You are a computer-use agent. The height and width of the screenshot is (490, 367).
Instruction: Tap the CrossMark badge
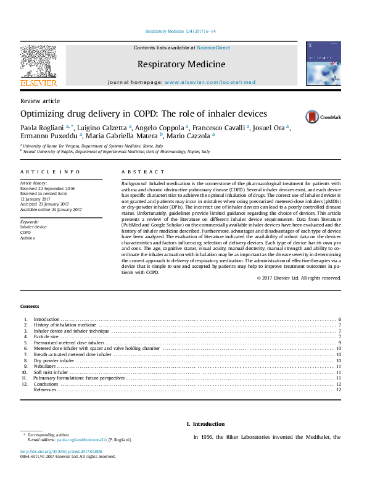point(303,116)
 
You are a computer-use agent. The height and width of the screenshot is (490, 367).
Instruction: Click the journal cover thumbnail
point(323,65)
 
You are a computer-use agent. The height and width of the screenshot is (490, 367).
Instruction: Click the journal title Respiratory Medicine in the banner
point(181,64)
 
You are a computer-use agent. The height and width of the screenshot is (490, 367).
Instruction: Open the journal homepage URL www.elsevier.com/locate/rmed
point(208,82)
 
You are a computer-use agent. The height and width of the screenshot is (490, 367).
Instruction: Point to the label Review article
point(40,101)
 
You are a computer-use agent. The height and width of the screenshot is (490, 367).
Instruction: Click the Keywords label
point(30,220)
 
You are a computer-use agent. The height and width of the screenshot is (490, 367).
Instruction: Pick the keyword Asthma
point(27,238)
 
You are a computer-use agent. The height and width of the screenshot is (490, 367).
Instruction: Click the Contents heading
point(30,306)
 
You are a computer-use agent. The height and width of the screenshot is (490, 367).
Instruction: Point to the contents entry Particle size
point(46,337)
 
